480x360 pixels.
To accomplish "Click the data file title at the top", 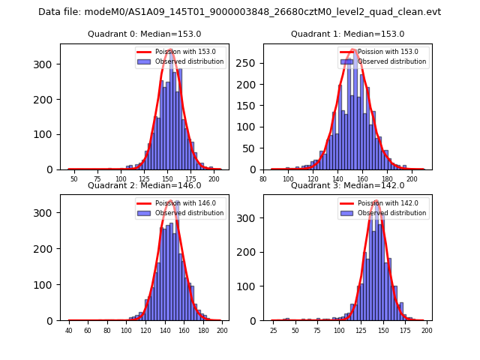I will click(x=239, y=12).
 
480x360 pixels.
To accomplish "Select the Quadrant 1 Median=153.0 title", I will click(x=347, y=34).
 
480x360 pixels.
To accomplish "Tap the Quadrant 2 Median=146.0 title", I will click(x=144, y=185).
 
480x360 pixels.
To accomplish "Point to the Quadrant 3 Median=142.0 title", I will click(x=347, y=185).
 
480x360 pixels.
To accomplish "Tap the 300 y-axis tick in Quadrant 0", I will click(x=47, y=64).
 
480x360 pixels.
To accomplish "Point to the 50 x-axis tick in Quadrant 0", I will click(x=73, y=180).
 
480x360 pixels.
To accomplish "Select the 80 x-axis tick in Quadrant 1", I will click(x=263, y=180).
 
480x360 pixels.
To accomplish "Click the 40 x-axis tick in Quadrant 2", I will click(x=69, y=331).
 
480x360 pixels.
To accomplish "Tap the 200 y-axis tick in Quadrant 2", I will click(x=47, y=249).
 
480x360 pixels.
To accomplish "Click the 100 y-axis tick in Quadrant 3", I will click(x=250, y=286).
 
